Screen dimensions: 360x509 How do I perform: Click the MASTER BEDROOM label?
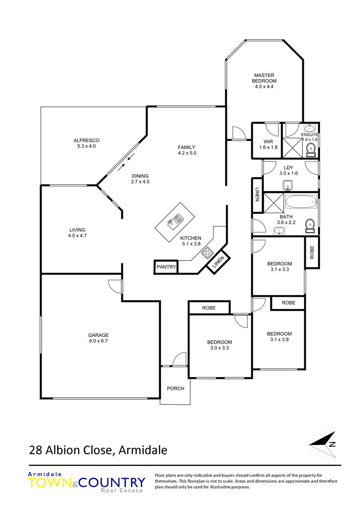264,81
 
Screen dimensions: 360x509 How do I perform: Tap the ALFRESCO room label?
87,143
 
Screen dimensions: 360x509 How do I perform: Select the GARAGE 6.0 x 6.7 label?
98,338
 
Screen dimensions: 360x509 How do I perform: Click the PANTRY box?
166,267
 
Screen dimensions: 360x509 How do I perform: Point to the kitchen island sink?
175,221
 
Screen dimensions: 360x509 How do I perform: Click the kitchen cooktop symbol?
207,252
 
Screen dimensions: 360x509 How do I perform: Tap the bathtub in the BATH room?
301,201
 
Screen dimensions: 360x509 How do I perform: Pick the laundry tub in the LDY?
288,186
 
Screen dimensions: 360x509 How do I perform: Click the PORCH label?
175,388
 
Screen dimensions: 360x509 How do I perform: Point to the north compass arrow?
322,444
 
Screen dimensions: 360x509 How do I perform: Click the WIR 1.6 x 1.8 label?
268,144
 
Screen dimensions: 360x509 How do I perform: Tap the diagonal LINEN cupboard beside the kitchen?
219,262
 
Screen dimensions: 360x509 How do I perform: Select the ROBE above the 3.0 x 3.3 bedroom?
209,308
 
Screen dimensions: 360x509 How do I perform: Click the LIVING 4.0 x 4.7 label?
77,233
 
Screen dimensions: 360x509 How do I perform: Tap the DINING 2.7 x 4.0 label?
140,179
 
